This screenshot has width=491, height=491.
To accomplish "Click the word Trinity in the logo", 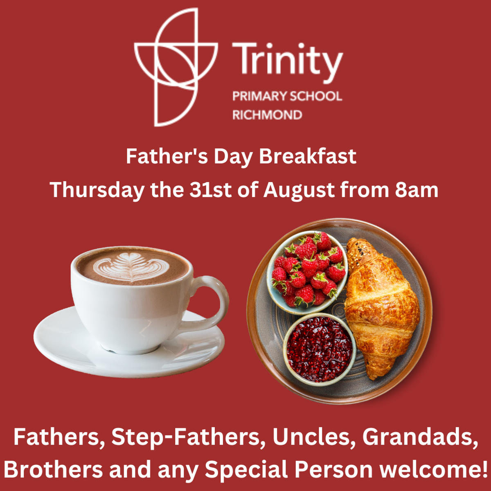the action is pos(287,61).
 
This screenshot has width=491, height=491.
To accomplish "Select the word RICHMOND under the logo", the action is pos(267,115).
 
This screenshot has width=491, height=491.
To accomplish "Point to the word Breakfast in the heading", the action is pos(308,156).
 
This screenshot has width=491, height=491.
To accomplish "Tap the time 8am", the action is pos(417,190).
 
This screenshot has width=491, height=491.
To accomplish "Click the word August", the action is pos(299,191).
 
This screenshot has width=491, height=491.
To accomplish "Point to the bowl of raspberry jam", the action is pos(320,349).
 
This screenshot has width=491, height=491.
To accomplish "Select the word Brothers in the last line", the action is pos(54,469).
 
